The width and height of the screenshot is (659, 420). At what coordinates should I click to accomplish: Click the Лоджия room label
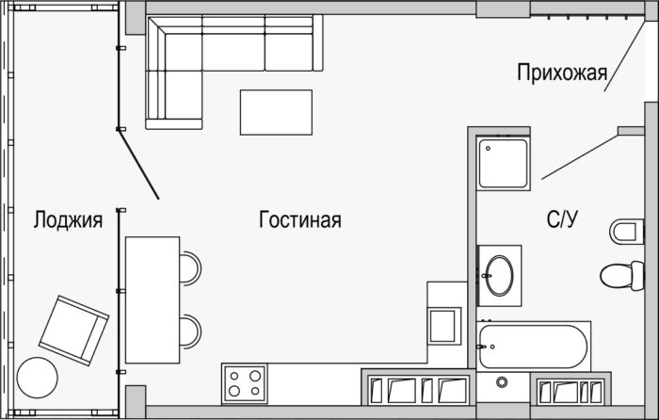(68, 219)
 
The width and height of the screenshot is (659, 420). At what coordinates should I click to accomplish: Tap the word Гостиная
(300, 219)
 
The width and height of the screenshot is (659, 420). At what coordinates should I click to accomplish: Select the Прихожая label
(562, 73)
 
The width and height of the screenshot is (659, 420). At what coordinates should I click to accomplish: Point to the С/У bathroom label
(562, 219)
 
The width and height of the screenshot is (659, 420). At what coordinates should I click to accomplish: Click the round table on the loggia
(38, 378)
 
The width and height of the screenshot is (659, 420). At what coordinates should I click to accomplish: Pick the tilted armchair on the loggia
(74, 331)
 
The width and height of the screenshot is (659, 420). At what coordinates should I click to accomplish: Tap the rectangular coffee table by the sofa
(276, 112)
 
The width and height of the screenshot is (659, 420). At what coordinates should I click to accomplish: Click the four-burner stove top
(245, 383)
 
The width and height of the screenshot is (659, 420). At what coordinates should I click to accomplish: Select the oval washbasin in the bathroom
(500, 276)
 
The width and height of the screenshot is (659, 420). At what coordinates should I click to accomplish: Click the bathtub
(534, 347)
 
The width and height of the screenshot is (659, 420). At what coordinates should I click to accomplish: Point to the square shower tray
(504, 164)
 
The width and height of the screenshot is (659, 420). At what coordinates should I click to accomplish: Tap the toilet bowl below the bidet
(622, 276)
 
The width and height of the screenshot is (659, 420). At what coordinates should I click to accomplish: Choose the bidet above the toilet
(627, 232)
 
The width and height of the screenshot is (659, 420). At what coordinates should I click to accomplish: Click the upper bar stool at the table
(190, 268)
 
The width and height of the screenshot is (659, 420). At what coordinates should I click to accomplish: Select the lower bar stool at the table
(190, 331)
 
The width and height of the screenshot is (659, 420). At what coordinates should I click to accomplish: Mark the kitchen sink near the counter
(442, 326)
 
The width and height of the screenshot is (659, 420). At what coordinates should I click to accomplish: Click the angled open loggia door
(139, 165)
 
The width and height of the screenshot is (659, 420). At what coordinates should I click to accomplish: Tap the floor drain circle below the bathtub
(502, 382)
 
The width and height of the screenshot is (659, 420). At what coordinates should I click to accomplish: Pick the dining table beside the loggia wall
(153, 299)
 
